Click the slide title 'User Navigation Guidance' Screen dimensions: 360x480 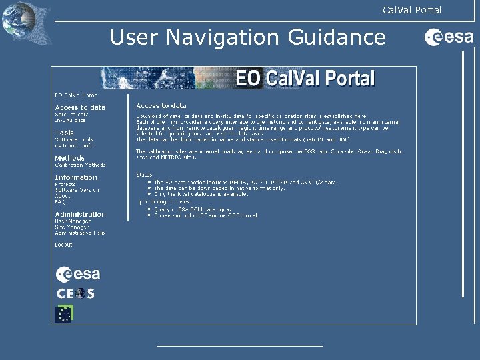click(247, 37)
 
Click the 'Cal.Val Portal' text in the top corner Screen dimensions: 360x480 click(411, 9)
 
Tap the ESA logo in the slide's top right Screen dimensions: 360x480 click(449, 38)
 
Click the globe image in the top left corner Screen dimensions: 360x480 click(19, 21)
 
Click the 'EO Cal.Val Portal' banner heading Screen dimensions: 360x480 click(305, 79)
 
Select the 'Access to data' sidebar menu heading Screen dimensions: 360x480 click(79, 107)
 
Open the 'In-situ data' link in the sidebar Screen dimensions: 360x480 click(70, 121)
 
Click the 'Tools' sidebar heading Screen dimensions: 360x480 click(64, 133)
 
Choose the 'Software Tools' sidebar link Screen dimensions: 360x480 click(74, 140)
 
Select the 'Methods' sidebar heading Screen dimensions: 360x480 click(69, 158)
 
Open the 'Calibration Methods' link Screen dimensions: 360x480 click(80, 165)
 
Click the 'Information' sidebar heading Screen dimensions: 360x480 click(75, 177)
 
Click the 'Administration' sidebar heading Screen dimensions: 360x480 click(79, 214)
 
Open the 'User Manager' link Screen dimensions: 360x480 click(71, 221)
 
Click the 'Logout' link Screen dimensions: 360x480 click(63, 245)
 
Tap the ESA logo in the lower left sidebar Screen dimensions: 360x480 click(78, 274)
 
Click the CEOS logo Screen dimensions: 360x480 click(75, 293)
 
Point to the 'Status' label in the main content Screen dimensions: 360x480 click(145, 175)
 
